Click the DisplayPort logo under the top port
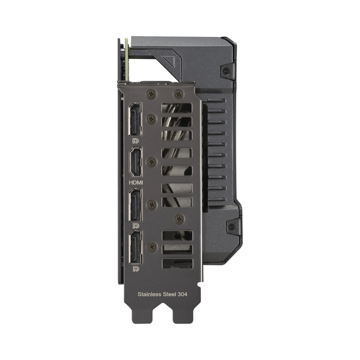click(x=135, y=141)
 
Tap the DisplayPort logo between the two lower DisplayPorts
click(x=135, y=226)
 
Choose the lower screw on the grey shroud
click(x=229, y=228)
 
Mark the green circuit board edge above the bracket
click(x=126, y=59)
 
